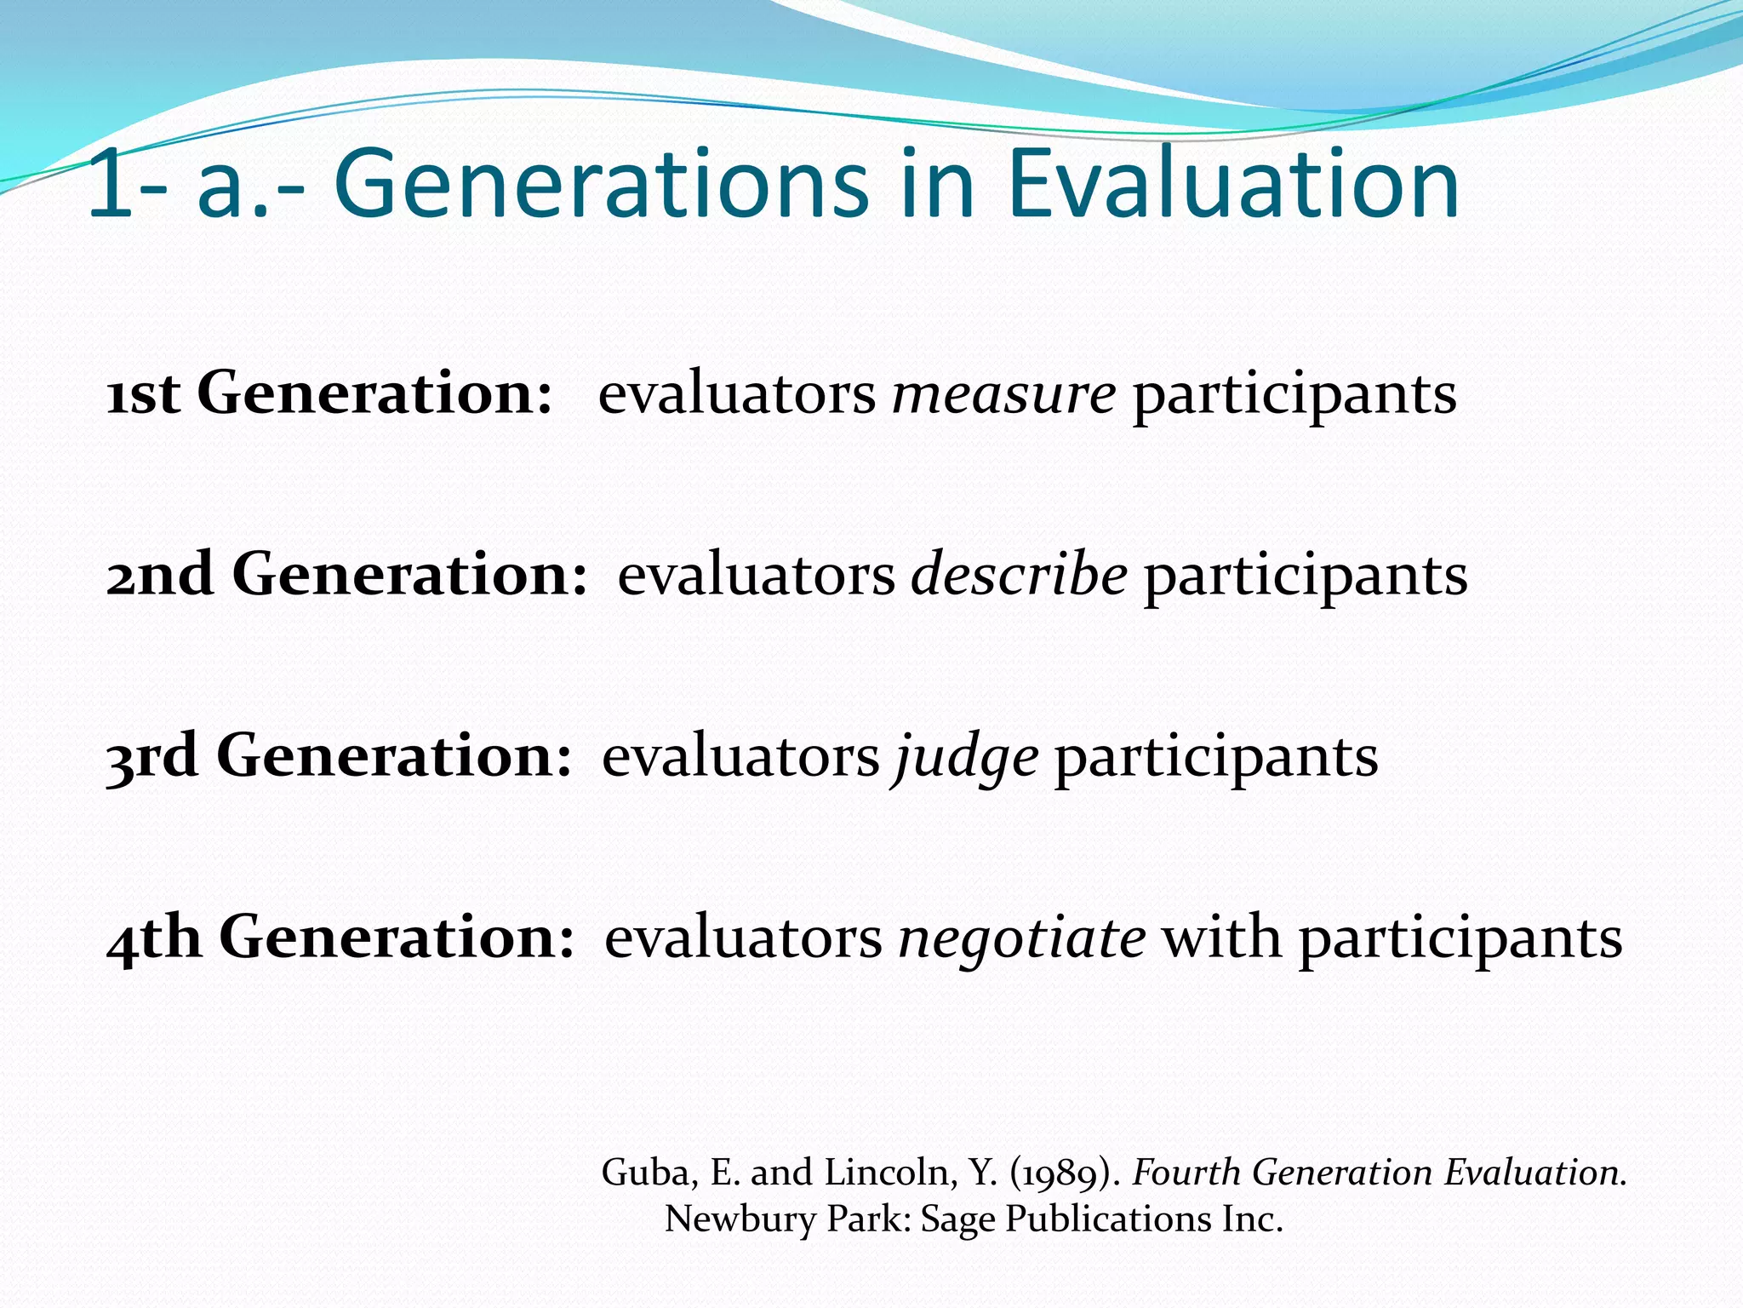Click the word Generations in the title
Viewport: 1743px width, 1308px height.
point(601,186)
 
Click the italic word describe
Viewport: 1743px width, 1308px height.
point(1020,576)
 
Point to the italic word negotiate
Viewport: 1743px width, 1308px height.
point(1022,938)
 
